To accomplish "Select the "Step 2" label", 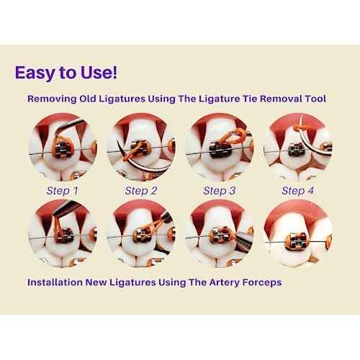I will [x=140, y=191].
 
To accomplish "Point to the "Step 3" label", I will [x=219, y=191].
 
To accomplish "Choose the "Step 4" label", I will [x=297, y=191].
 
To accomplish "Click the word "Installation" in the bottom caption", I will [x=58, y=282].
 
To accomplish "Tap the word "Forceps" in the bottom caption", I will [x=258, y=282].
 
